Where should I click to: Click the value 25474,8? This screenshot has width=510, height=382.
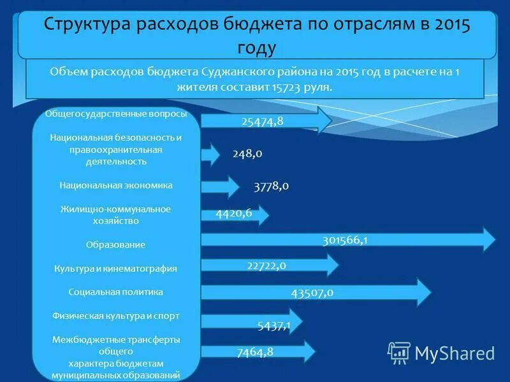click(x=263, y=121)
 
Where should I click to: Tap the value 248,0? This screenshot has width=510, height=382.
click(x=247, y=153)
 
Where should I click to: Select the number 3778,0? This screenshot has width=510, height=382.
click(x=271, y=186)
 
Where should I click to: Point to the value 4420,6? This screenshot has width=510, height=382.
click(x=234, y=213)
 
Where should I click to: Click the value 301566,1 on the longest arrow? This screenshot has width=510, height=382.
click(x=345, y=240)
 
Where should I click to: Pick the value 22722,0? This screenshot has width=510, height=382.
click(x=266, y=265)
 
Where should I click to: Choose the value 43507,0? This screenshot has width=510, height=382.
click(x=312, y=293)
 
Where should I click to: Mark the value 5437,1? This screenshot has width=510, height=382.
click(x=274, y=326)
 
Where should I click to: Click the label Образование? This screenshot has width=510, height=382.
click(x=116, y=244)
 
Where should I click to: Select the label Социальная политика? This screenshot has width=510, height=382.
click(x=116, y=292)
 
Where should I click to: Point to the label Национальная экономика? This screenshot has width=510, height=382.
click(x=116, y=185)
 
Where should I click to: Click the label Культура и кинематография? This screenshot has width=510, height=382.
click(x=116, y=269)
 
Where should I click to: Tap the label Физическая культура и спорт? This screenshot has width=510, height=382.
click(x=116, y=315)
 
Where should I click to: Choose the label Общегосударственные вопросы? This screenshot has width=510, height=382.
click(x=116, y=113)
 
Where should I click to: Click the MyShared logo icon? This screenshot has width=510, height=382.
click(x=399, y=352)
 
